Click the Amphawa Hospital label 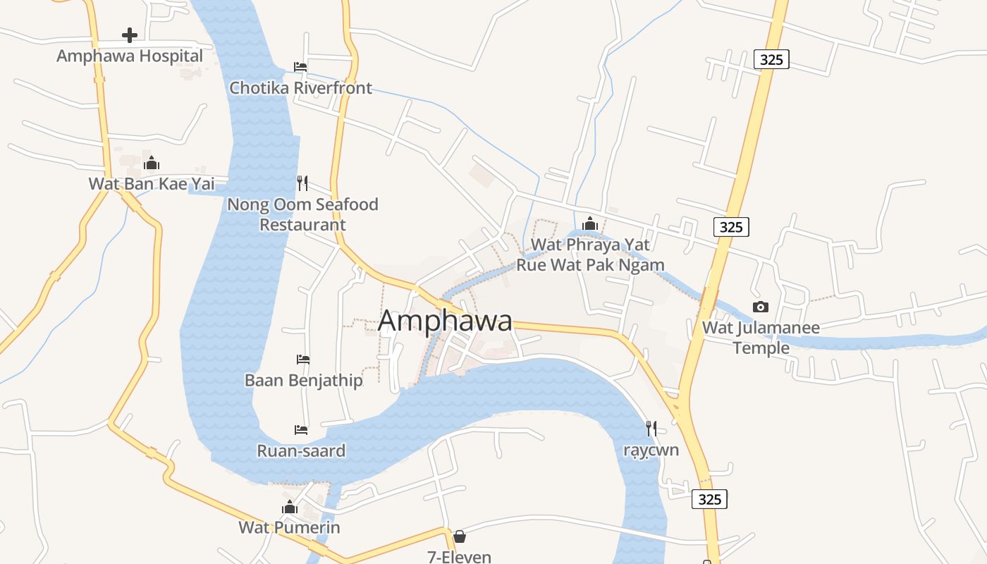130,56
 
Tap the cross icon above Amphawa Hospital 129,35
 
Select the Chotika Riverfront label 301,88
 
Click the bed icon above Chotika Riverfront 300,67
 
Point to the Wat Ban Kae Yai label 152,184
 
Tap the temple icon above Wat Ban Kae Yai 152,164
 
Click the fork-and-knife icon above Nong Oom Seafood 302,183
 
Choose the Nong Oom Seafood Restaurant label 302,214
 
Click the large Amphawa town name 445,321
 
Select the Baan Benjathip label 303,381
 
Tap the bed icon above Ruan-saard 301,429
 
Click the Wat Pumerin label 289,527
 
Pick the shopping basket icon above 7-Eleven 460,537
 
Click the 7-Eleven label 460,556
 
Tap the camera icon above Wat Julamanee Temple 761,307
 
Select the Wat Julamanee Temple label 761,338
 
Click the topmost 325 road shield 771,59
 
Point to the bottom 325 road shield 709,499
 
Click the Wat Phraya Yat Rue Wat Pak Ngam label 590,255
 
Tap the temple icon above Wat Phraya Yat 590,224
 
